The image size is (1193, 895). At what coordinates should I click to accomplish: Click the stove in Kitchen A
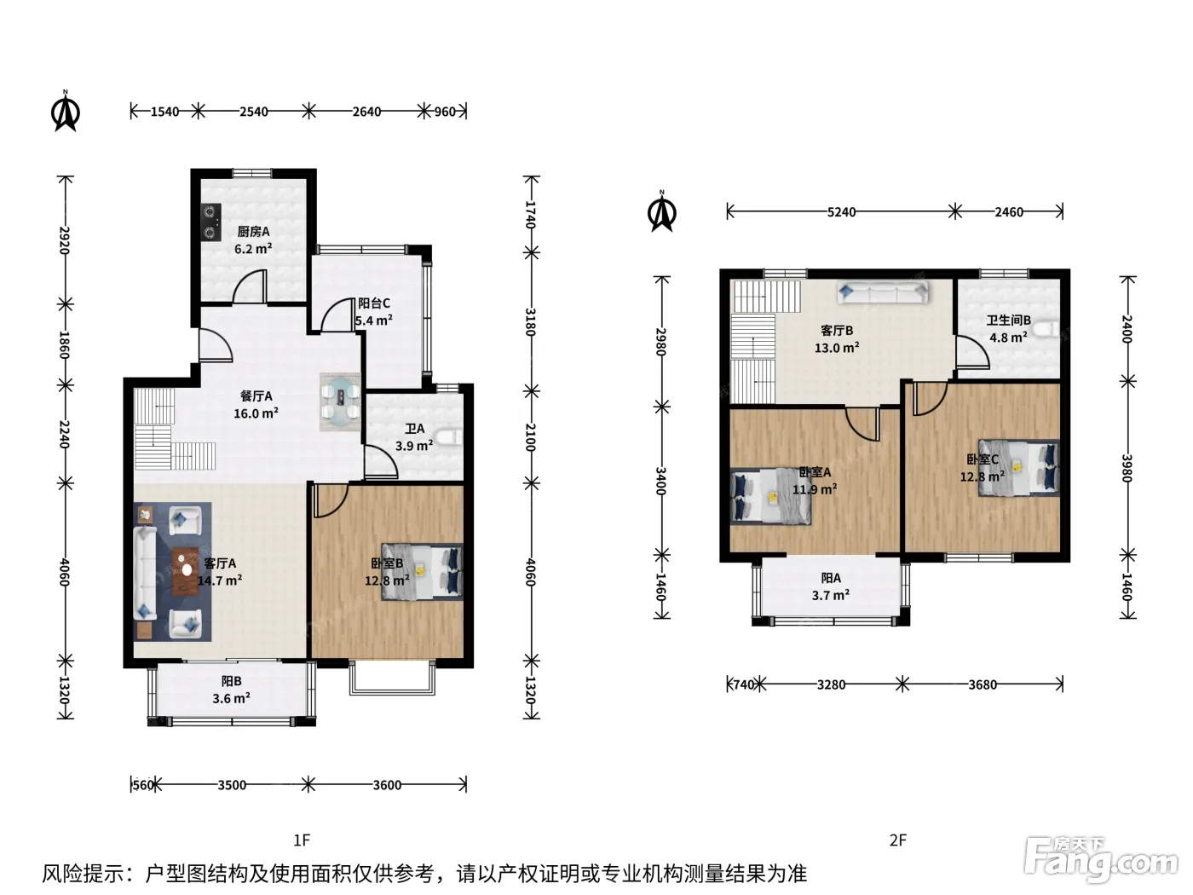pyautogui.click(x=210, y=222)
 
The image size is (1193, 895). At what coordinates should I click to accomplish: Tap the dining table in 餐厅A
pyautogui.click(x=340, y=401)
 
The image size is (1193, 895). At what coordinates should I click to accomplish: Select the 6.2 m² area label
pyautogui.click(x=253, y=249)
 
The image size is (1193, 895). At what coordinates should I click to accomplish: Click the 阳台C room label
pyautogui.click(x=374, y=303)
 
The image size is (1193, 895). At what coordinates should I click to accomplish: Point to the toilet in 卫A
pyautogui.click(x=450, y=437)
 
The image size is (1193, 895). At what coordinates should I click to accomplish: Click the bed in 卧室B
pyautogui.click(x=423, y=572)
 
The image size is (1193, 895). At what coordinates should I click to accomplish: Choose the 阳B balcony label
pyautogui.click(x=232, y=681)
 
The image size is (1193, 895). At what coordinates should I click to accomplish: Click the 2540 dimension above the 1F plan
pyautogui.click(x=254, y=112)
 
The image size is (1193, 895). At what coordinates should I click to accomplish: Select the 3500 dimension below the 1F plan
pyautogui.click(x=232, y=785)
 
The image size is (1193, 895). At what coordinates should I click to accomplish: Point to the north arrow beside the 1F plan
pyautogui.click(x=66, y=111)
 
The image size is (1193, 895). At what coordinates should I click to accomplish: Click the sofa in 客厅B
pyautogui.click(x=883, y=293)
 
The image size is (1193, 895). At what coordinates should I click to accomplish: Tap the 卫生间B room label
pyautogui.click(x=1009, y=320)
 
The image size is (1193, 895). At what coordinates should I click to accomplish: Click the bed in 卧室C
pyautogui.click(x=1019, y=468)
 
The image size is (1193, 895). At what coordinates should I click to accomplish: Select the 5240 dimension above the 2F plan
pyautogui.click(x=841, y=212)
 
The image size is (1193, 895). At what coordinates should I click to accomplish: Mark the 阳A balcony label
pyautogui.click(x=831, y=578)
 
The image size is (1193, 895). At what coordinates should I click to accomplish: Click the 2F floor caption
pyautogui.click(x=898, y=840)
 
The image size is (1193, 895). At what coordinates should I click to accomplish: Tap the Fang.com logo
pyautogui.click(x=1100, y=861)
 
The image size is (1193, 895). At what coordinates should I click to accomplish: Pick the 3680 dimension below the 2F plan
pyautogui.click(x=983, y=684)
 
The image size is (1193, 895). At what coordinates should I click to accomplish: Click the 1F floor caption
pyautogui.click(x=302, y=840)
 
